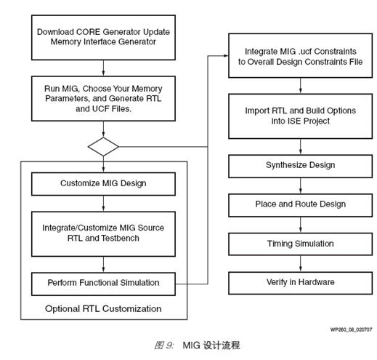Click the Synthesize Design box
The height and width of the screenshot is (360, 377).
tap(300, 167)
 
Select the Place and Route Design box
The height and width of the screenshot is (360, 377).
tap(300, 205)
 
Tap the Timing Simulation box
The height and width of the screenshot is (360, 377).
tap(300, 244)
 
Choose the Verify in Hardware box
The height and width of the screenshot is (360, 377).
tap(300, 283)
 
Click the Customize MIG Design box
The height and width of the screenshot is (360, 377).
tap(103, 184)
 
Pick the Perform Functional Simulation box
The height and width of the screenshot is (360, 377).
tap(103, 284)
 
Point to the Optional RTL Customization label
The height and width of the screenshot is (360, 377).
tap(103, 309)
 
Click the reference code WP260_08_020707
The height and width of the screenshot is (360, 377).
tap(351, 329)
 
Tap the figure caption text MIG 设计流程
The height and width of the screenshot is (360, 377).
tap(211, 345)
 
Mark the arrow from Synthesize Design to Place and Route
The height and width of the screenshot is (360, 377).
tap(301, 185)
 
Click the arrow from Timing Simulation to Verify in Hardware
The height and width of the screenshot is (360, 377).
tap(301, 263)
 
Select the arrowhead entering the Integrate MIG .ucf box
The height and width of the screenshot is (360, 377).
tap(226, 56)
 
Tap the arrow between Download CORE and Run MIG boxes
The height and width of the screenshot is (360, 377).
tap(103, 68)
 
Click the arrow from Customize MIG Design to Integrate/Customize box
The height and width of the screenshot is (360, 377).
tap(103, 204)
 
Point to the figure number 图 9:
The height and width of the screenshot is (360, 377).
tap(164, 345)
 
